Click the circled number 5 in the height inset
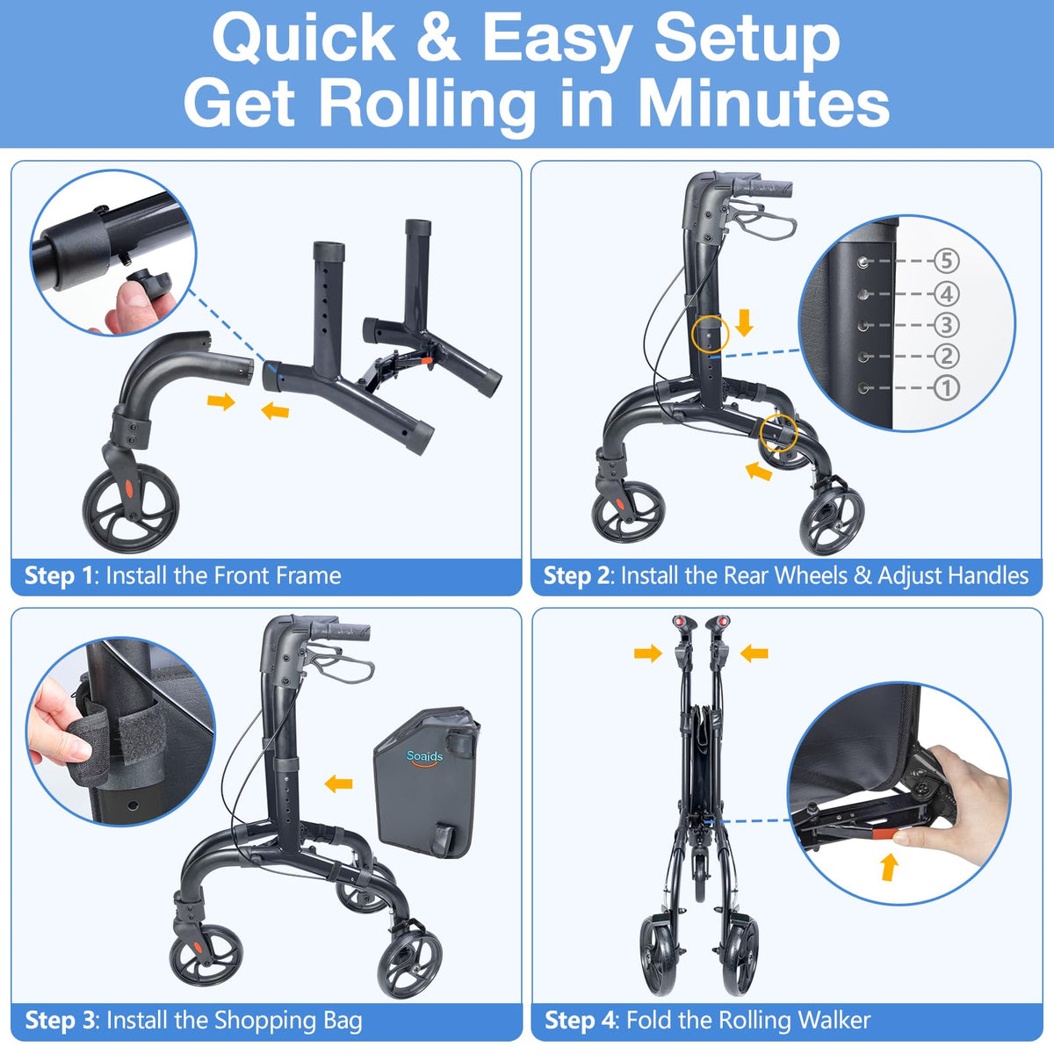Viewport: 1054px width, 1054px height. coord(946,260)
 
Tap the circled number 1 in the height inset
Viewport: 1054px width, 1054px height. coord(946,388)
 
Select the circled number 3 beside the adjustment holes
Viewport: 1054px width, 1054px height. coord(946,324)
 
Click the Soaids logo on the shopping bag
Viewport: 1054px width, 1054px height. coord(424,757)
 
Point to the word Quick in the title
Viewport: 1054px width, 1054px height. coord(304,39)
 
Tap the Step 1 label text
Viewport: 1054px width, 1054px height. coord(59,576)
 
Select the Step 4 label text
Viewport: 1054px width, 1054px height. coord(580,1020)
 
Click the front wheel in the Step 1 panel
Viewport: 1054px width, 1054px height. coord(131,509)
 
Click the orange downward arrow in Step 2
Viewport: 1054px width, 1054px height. coord(744,322)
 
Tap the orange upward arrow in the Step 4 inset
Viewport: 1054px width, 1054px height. coord(890,868)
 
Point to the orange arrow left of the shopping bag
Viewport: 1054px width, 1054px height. coord(338,783)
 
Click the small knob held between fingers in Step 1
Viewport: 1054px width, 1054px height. coord(148,281)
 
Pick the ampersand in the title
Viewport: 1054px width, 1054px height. coord(437,37)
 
